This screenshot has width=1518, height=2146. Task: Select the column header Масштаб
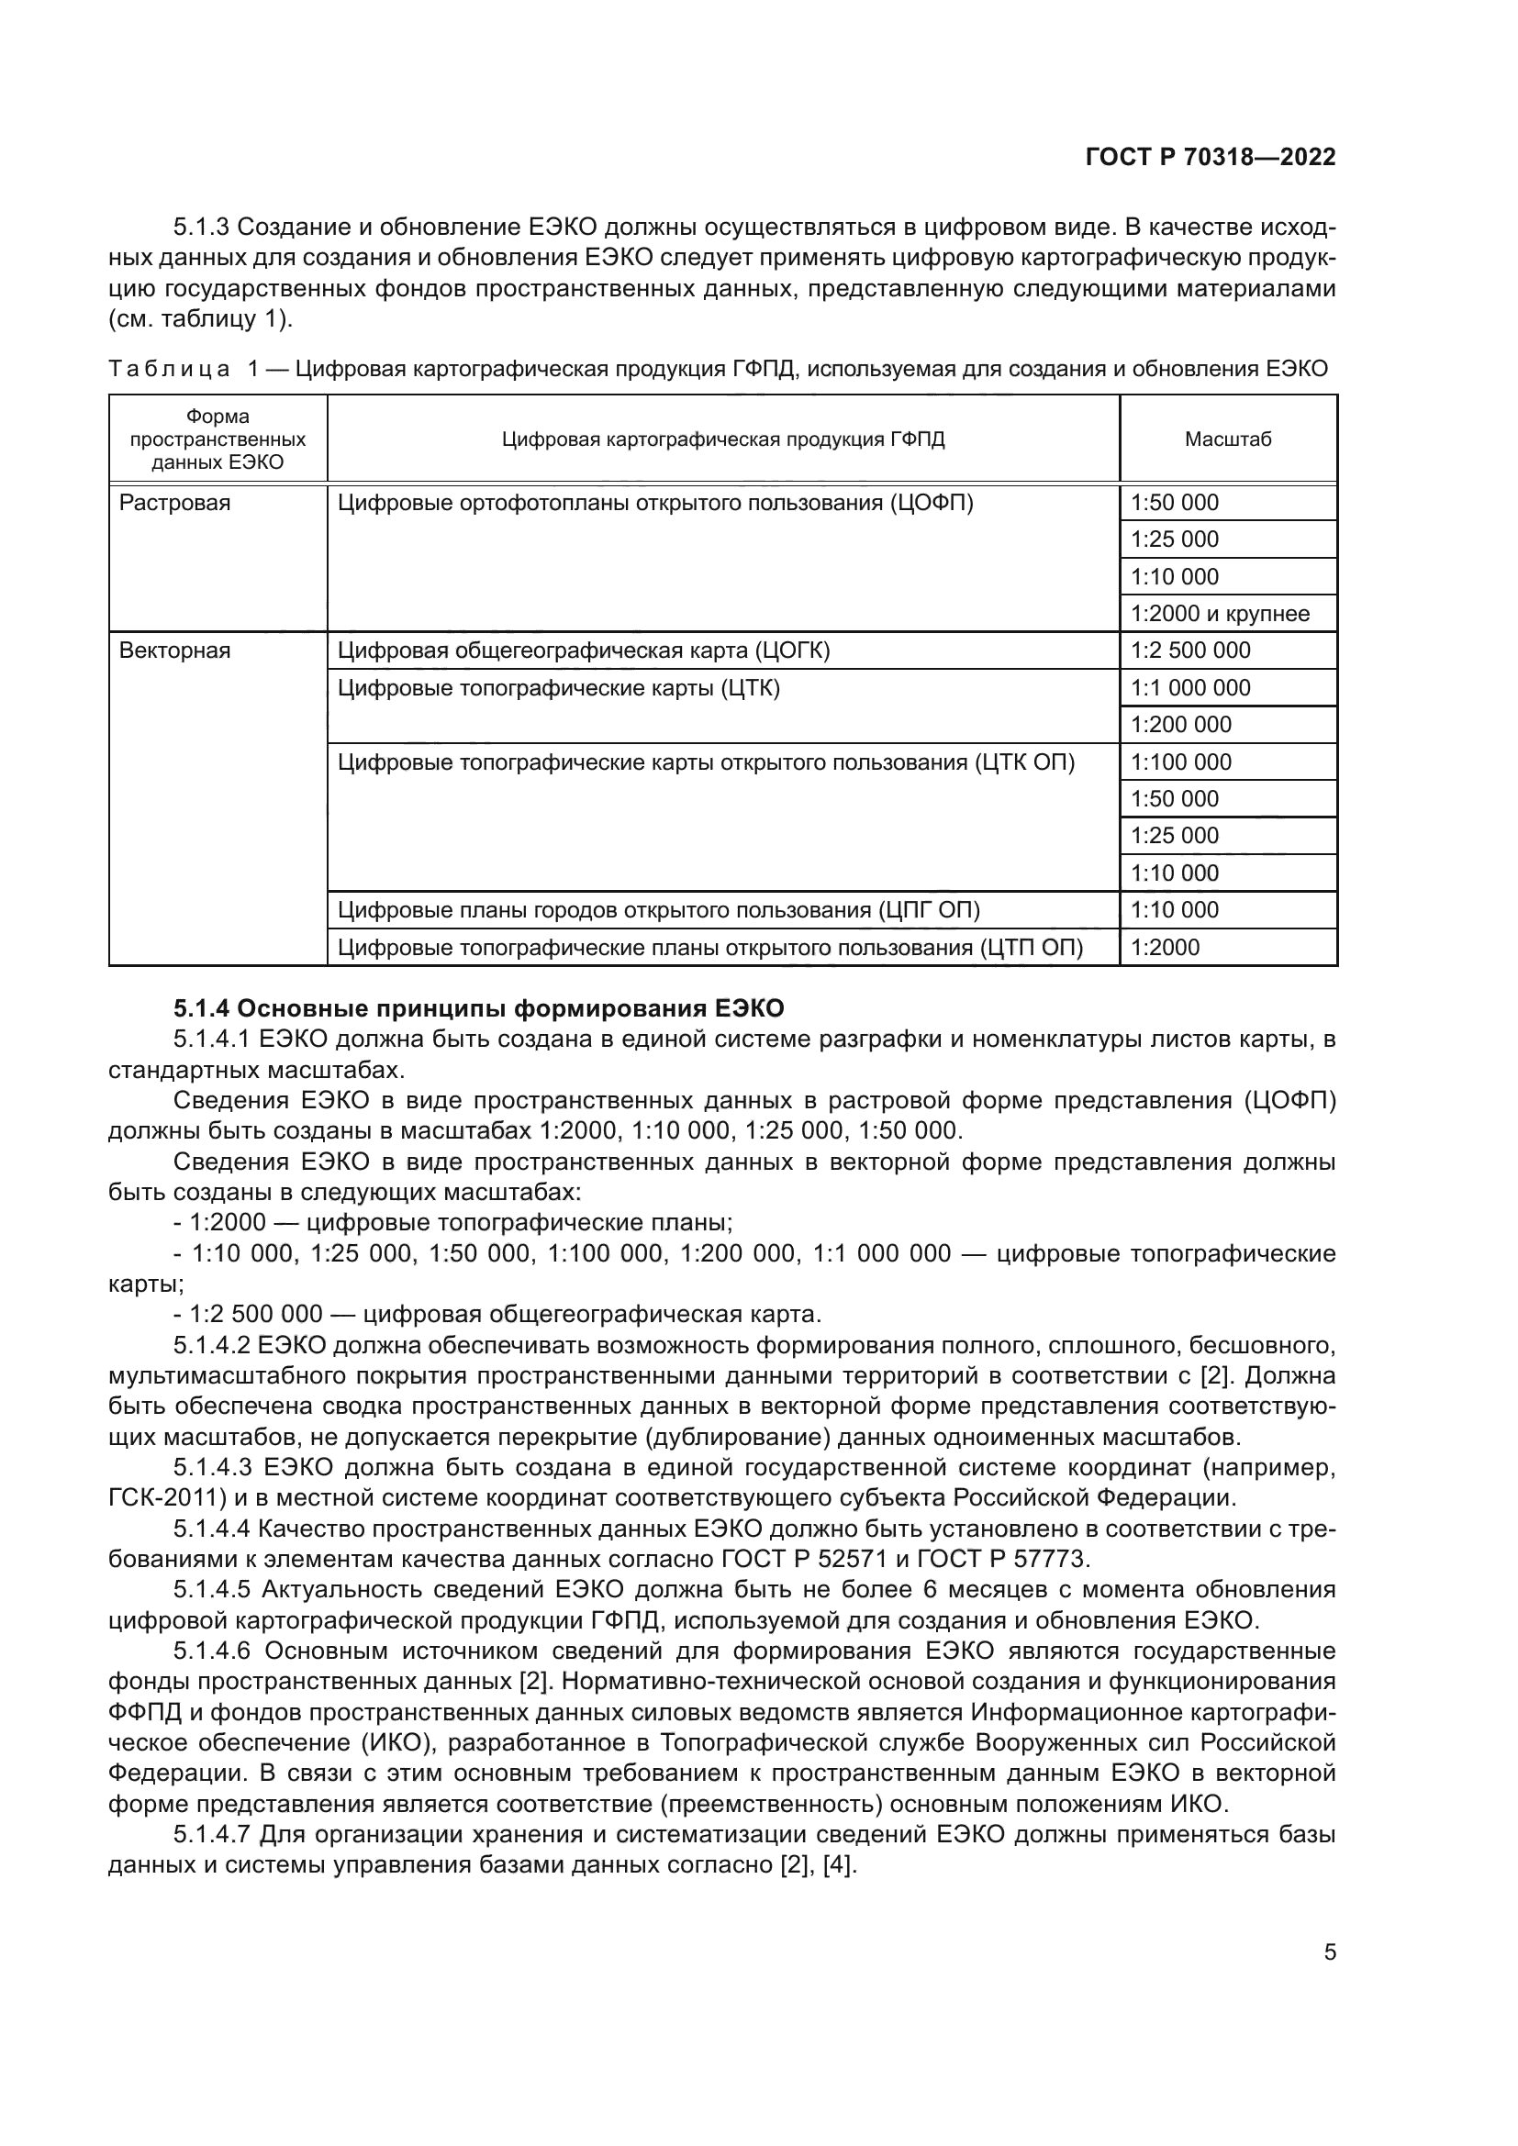pos(1227,439)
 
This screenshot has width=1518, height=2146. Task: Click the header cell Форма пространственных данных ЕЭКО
pos(218,439)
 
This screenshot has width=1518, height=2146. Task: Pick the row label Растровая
pos(174,503)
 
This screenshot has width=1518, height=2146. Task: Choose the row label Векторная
pos(174,650)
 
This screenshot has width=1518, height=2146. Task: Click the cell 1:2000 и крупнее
pos(1220,614)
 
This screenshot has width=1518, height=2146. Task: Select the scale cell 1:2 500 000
pos(1190,650)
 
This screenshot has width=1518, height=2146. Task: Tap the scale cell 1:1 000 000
pos(1190,688)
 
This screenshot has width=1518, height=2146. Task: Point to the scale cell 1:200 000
pos(1180,725)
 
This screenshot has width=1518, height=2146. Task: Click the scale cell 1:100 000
pos(1180,762)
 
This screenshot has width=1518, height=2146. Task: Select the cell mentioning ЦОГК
pos(584,650)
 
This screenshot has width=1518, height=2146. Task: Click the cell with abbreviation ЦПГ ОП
pos(658,909)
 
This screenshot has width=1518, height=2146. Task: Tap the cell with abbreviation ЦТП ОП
pos(709,947)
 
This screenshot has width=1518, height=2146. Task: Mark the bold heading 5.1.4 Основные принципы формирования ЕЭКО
pos(478,1008)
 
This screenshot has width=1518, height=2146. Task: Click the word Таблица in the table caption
pos(168,368)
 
